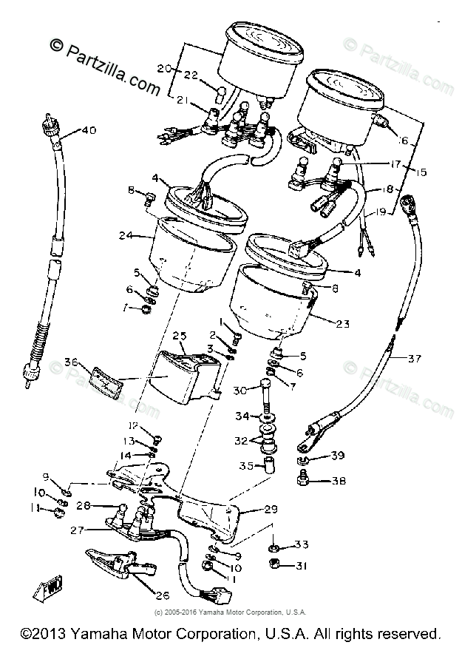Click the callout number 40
89,131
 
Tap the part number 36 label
71,362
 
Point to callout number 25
180,337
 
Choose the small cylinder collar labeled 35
268,466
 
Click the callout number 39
338,456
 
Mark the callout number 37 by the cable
413,359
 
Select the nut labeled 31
272,567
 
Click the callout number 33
301,545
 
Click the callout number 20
164,69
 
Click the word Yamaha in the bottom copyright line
90,633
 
